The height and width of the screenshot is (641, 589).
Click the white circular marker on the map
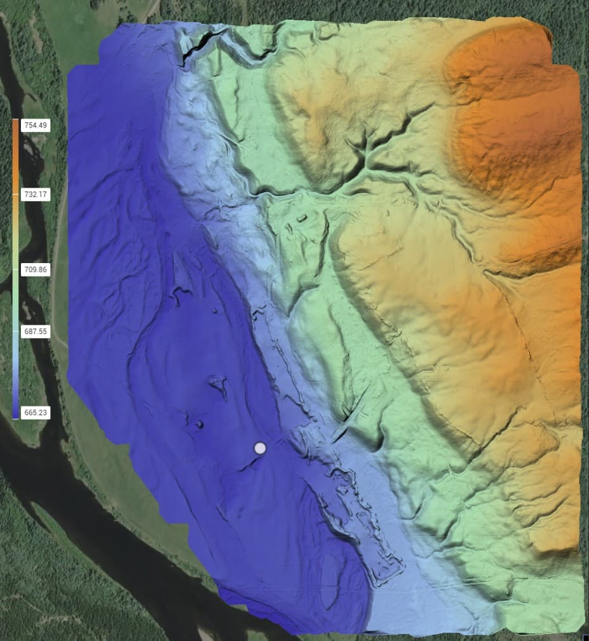[x=260, y=448]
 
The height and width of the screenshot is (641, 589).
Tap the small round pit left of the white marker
[x=199, y=425]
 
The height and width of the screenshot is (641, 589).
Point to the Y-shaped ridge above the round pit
[x=219, y=384]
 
